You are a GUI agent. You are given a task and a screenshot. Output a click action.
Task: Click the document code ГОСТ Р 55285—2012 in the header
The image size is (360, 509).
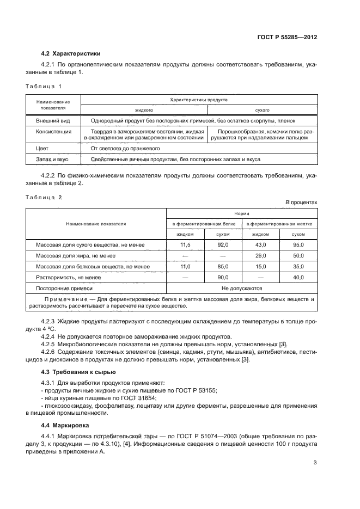tap(287, 38)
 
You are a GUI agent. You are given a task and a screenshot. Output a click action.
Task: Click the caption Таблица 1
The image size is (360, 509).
tap(44, 86)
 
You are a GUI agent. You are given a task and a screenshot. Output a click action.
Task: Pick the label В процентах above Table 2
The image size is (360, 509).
tap(301, 203)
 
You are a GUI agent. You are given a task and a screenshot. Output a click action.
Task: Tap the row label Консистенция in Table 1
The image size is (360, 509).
tap(53, 131)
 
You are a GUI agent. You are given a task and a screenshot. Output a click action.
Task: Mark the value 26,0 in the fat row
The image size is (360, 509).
tap(260, 255)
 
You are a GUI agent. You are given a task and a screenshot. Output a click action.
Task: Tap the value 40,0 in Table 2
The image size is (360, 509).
tap(298, 277)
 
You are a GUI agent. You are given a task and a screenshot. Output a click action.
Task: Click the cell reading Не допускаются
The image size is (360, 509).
tap(241, 288)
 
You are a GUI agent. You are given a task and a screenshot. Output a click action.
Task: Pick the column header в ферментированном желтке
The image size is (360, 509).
tap(279, 224)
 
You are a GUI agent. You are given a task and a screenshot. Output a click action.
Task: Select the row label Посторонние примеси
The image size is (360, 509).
tap(64, 288)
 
